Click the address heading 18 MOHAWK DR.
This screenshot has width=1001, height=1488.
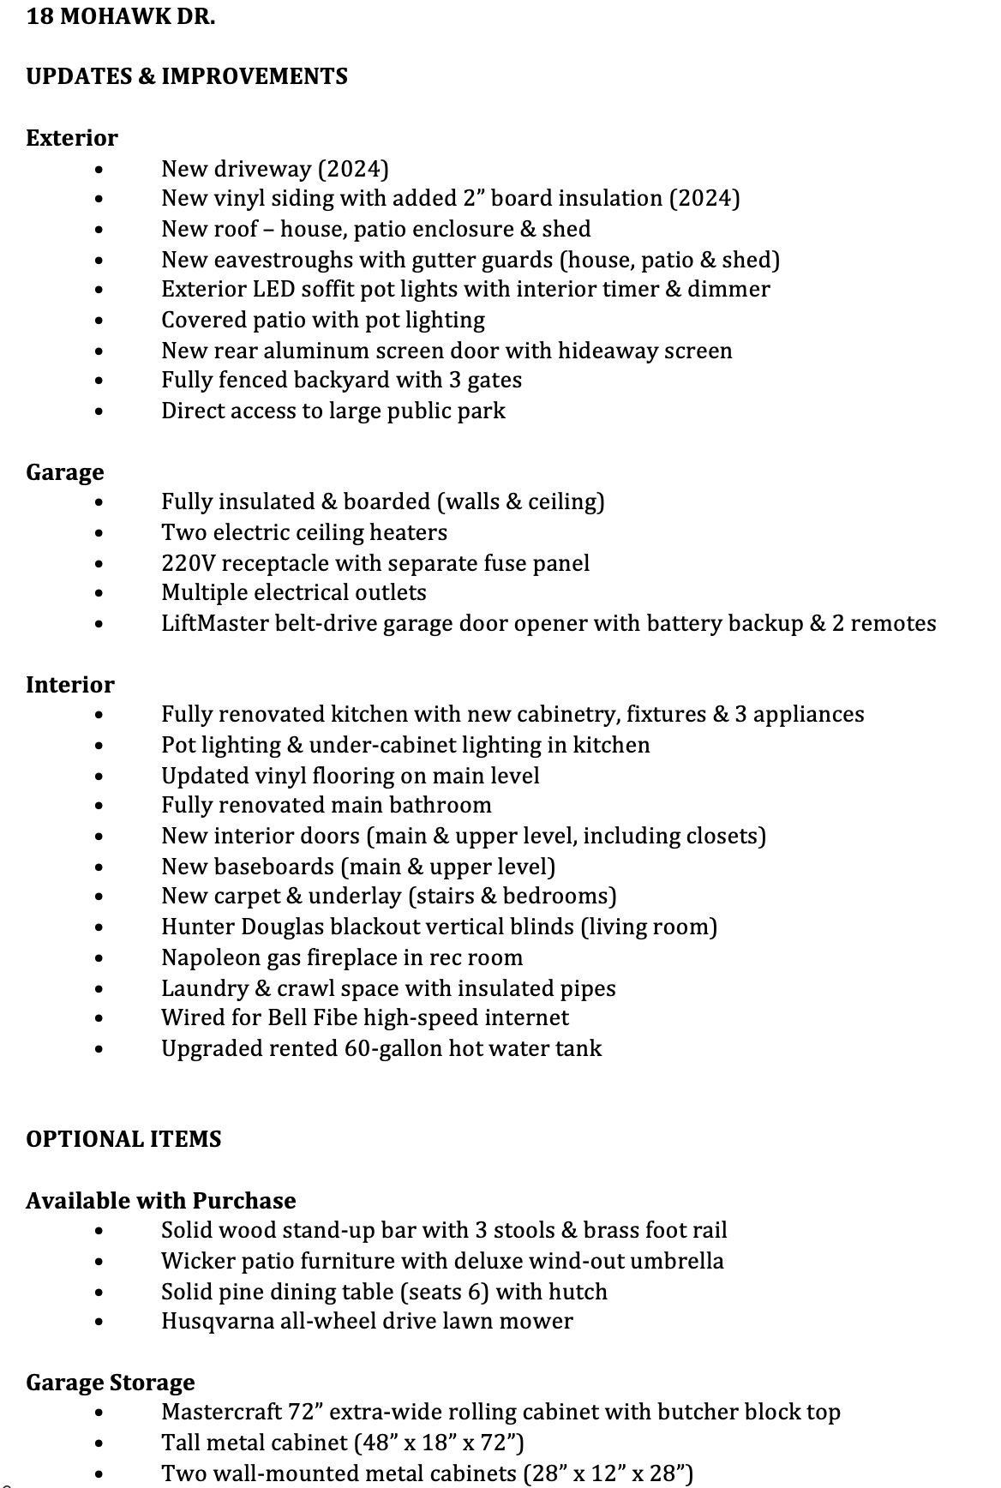[x=121, y=16]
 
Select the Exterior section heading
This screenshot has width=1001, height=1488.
[x=72, y=138]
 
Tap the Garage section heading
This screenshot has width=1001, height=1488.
[x=65, y=472]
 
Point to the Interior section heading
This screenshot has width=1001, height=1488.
[x=70, y=685]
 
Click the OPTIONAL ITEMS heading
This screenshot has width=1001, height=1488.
[x=123, y=1139]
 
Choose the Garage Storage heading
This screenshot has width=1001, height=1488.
[x=111, y=1383]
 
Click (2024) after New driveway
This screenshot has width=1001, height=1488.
[x=353, y=169]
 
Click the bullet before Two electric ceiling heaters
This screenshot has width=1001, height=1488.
[x=100, y=533]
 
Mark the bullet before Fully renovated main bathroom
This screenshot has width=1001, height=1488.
[x=100, y=806]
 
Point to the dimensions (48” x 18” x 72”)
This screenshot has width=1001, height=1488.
[x=439, y=1443]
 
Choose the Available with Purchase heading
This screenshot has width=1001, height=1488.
[x=161, y=1201]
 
